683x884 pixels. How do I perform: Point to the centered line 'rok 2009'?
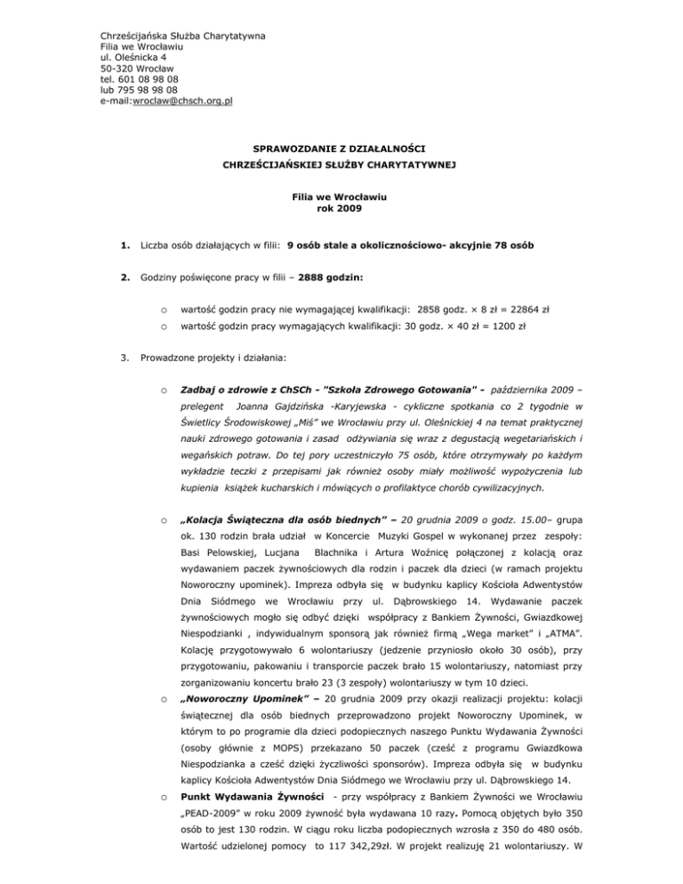[340, 210]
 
